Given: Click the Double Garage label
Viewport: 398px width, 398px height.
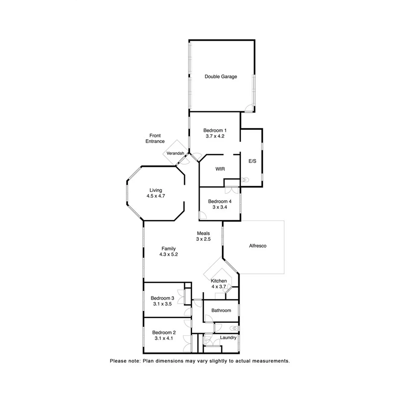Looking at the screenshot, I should pyautogui.click(x=220, y=77).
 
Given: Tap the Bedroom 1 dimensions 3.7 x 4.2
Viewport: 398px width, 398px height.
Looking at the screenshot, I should pyautogui.click(x=214, y=136).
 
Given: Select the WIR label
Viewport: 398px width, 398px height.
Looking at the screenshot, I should pyautogui.click(x=220, y=169).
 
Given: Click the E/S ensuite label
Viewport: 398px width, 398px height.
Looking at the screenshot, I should pyautogui.click(x=252, y=161).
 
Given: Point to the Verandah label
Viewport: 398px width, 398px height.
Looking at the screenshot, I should pyautogui.click(x=176, y=153).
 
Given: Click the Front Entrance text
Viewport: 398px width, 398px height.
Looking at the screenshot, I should pyautogui.click(x=155, y=138).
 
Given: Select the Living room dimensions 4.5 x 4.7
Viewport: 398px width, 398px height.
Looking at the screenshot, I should pyautogui.click(x=155, y=196).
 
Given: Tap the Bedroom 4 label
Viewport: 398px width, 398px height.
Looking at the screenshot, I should pyautogui.click(x=219, y=202).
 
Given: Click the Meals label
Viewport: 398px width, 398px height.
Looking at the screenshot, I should pyautogui.click(x=203, y=233).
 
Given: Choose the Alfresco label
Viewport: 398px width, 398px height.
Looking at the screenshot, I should pyautogui.click(x=258, y=246).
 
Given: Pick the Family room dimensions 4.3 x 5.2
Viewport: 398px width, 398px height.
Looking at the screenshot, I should pyautogui.click(x=168, y=255).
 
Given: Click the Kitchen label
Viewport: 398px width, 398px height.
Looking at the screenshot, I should pyautogui.click(x=219, y=281).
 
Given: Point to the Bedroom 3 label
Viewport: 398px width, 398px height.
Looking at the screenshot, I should pyautogui.click(x=162, y=298).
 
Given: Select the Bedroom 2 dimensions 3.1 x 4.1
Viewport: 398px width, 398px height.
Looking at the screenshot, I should pyautogui.click(x=164, y=338).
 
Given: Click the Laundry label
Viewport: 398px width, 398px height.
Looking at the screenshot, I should pyautogui.click(x=228, y=338).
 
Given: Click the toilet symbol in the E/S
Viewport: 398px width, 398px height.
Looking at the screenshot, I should pyautogui.click(x=244, y=180).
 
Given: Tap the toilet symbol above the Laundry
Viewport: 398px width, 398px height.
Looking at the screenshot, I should pyautogui.click(x=232, y=328).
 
